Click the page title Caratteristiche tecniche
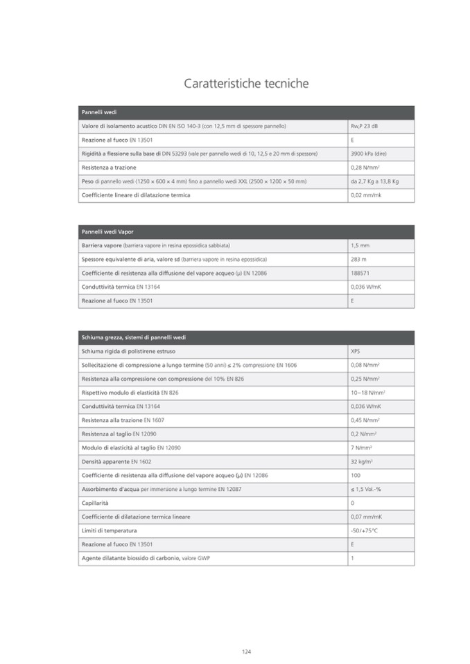246,84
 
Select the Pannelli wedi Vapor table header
107,232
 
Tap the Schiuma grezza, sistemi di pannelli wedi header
134,337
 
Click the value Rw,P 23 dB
365,126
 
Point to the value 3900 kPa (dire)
369,154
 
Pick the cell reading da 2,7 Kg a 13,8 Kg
374,181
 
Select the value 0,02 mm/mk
367,195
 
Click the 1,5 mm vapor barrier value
360,246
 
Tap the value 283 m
359,260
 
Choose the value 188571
361,273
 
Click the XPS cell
356,351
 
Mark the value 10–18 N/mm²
368,393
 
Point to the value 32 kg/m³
363,462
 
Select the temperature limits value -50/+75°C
365,531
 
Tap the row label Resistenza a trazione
109,168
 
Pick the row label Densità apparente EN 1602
116,462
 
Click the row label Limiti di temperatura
109,531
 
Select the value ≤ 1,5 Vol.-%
366,490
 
